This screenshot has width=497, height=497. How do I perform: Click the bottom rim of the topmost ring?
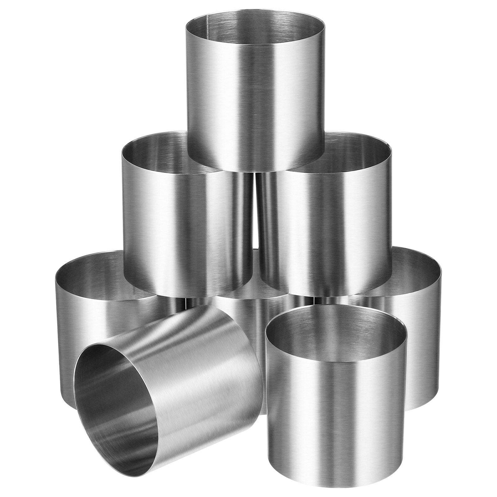pyautogui.click(x=255, y=171)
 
